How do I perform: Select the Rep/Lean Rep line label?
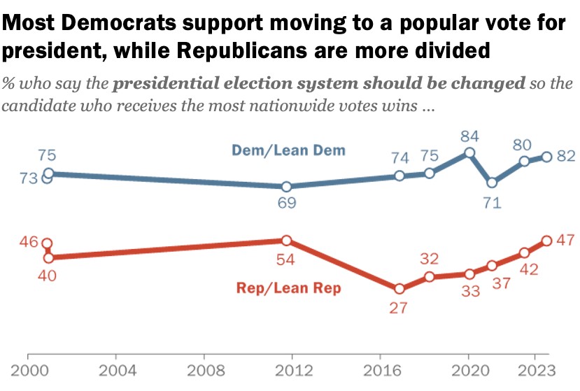288,287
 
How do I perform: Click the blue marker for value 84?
469,152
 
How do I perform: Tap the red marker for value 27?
399,288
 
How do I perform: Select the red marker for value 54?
286,241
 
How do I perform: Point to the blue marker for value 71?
492,183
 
